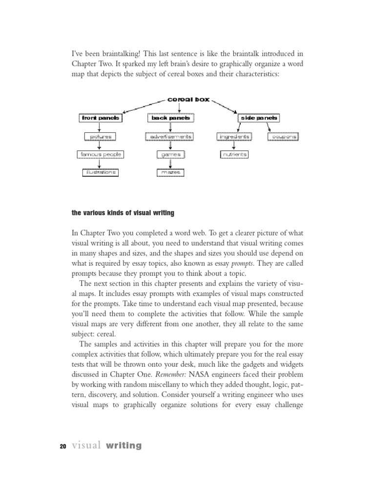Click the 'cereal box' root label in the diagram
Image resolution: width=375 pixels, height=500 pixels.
188,99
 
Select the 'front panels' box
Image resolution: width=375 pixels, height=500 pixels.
100,118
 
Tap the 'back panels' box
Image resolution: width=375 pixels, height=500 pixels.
169,118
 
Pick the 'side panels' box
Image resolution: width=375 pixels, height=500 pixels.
258,118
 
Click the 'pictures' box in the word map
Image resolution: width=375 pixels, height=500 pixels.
100,136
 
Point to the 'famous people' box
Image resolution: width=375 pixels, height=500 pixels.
100,154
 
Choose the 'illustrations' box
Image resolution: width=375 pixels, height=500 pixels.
100,172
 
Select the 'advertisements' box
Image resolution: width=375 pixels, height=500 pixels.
169,136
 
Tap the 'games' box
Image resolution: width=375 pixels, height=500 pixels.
169,154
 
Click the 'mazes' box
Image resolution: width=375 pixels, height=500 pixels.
169,172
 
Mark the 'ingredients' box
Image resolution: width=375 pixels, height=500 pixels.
234,136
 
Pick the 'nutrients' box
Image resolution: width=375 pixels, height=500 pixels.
234,154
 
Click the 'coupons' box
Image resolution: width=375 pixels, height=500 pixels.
283,136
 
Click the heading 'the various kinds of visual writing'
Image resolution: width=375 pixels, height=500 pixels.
123,212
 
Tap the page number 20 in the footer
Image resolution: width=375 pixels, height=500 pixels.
62,446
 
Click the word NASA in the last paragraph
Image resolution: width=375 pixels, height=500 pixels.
201,375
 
